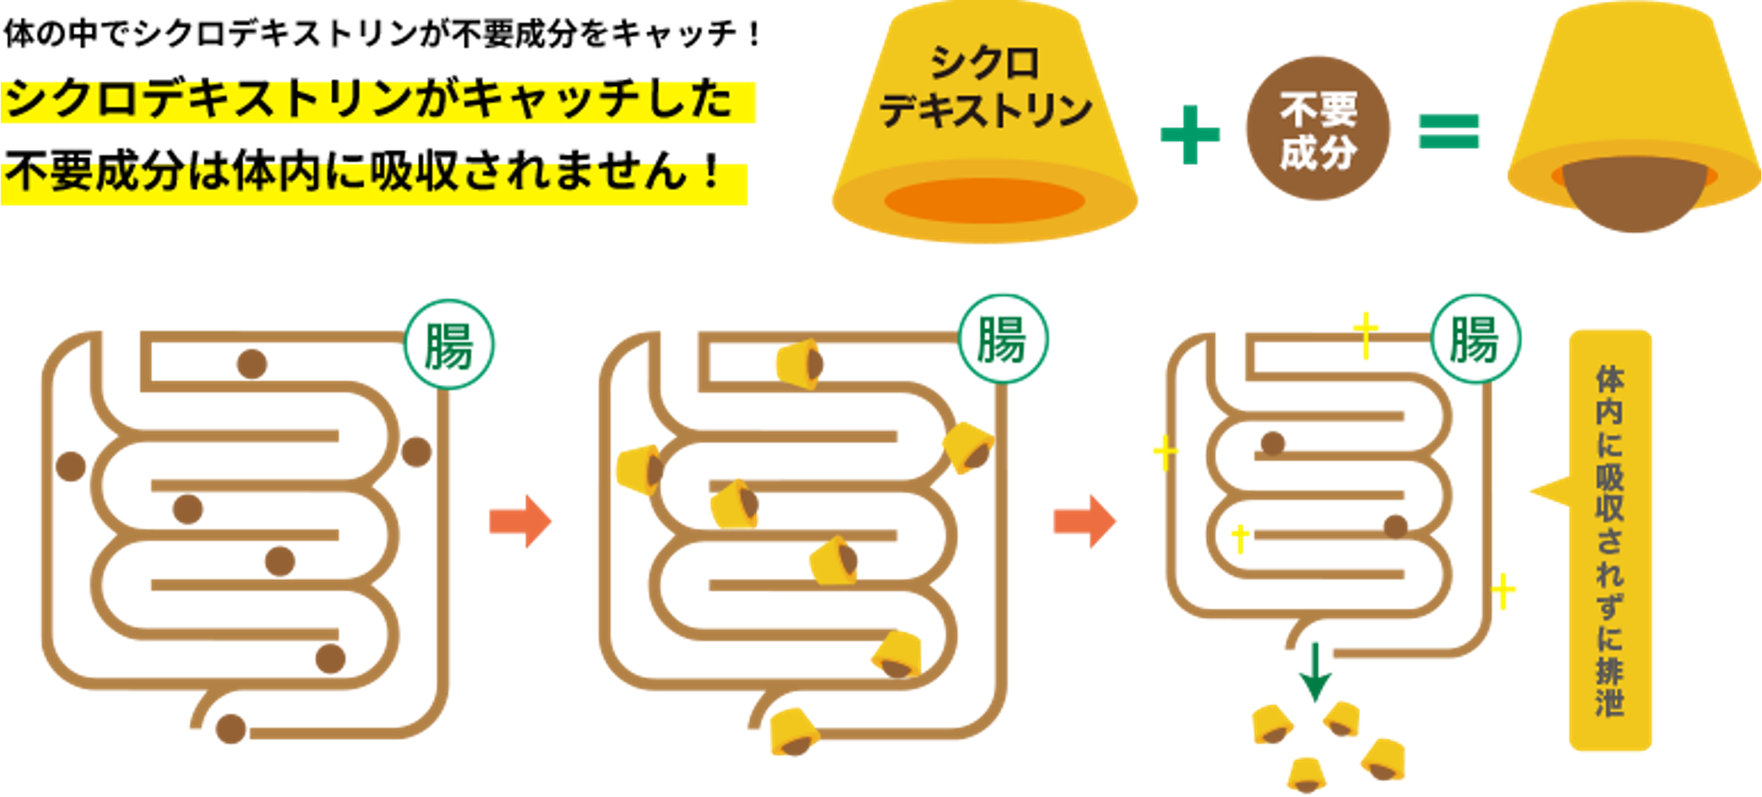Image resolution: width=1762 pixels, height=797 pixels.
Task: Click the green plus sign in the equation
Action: [x=1190, y=134]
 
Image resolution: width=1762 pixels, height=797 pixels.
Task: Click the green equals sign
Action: [x=1449, y=132]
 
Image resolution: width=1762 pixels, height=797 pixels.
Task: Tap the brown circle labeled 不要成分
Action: [x=1318, y=129]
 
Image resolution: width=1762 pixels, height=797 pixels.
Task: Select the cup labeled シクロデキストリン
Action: [x=985, y=120]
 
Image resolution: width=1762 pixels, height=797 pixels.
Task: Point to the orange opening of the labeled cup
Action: [x=985, y=200]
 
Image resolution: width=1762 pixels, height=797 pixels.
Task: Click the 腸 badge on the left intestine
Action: [x=449, y=345]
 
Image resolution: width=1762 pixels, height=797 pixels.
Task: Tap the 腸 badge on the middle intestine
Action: [x=1002, y=340]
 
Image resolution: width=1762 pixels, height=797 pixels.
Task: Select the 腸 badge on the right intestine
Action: [x=1476, y=340]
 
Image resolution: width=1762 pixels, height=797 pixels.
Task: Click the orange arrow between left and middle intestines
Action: [x=521, y=521]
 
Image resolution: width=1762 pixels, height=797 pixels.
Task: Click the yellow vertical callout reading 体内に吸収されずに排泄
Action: [x=1610, y=540]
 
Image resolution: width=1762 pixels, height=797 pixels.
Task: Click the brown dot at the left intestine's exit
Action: [x=231, y=728]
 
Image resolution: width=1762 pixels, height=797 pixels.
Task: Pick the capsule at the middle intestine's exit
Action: [x=793, y=732]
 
